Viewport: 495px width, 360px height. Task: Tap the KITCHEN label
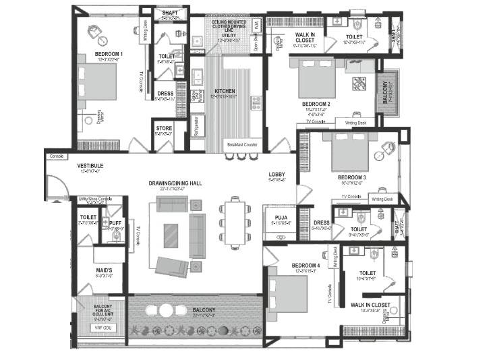225,91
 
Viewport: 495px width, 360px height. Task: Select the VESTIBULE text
90,165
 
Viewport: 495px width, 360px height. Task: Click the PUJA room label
276,217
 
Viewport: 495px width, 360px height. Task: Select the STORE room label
164,128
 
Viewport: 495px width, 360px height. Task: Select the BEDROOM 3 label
353,177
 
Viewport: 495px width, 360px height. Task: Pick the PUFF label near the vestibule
115,222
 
